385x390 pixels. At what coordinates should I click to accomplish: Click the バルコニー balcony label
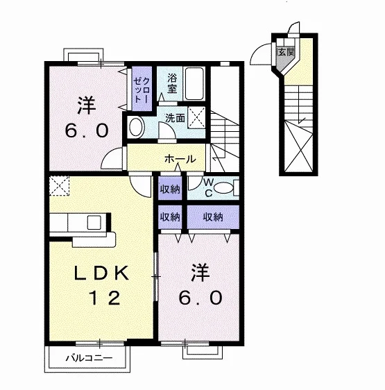point(89,358)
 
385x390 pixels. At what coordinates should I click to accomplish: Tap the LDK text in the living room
point(101,273)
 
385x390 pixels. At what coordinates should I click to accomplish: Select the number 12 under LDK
point(105,298)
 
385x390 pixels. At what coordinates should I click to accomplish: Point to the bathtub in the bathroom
point(195,83)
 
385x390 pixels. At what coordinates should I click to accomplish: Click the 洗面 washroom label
point(176,119)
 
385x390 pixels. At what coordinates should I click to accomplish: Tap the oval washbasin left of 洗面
point(136,127)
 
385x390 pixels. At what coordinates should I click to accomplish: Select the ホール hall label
point(180,159)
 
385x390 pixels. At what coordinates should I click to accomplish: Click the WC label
point(209,188)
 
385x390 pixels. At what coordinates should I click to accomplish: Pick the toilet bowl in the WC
point(223,187)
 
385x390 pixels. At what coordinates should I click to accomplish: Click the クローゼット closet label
point(142,90)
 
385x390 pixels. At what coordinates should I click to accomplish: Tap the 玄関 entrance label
point(286,52)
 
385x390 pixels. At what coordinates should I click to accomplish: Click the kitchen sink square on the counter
point(94,222)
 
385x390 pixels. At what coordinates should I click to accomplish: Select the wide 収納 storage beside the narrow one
point(213,217)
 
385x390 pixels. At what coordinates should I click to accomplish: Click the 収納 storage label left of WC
point(170,189)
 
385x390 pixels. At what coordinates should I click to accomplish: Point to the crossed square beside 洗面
point(196,117)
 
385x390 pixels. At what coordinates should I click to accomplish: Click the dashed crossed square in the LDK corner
point(59,186)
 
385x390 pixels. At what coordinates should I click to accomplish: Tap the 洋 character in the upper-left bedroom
point(87,105)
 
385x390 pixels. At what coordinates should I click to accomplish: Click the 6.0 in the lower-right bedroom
point(200,298)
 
